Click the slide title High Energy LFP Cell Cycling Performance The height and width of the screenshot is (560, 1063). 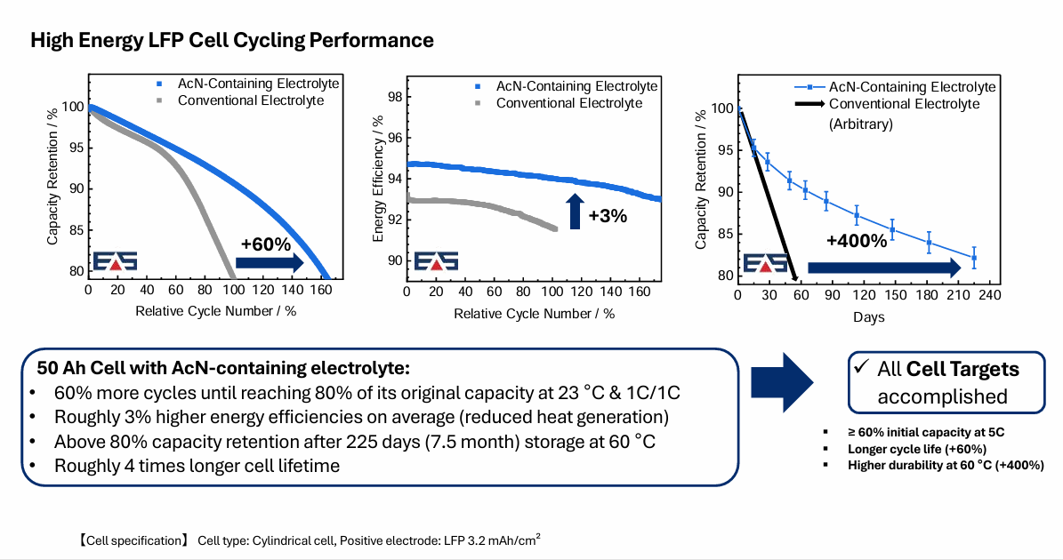click(232, 40)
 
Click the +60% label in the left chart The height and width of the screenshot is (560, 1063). click(266, 241)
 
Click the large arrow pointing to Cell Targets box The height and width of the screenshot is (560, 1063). click(783, 381)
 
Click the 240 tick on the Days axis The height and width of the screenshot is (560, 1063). click(989, 294)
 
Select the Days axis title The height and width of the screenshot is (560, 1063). click(869, 316)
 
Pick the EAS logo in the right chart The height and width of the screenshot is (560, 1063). click(765, 264)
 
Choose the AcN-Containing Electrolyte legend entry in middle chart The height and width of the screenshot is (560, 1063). click(576, 86)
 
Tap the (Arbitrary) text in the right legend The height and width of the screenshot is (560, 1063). click(861, 124)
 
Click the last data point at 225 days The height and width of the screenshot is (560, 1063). click(974, 258)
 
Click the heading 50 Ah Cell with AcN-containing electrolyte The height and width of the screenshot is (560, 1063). click(222, 368)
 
